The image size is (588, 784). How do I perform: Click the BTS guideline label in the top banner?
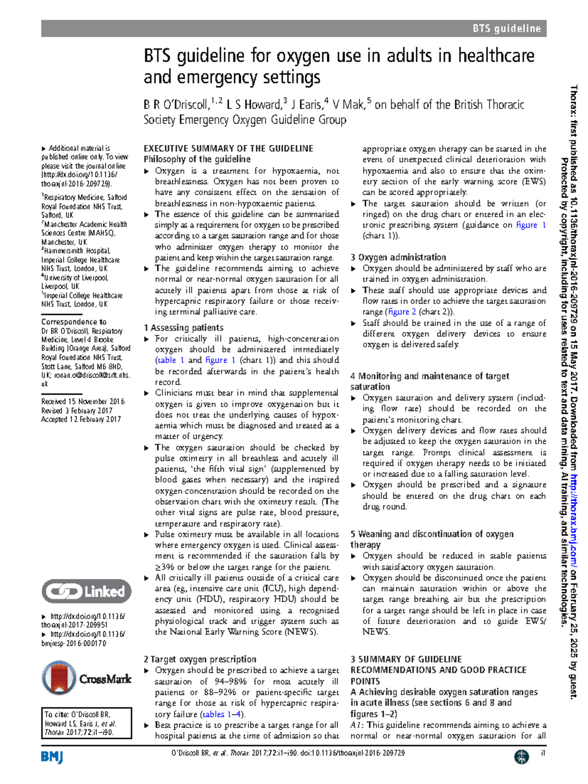pyautogui.click(x=506, y=28)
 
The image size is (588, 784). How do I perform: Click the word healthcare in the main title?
pyautogui.click(x=496, y=56)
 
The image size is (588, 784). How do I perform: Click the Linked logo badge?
pyautogui.click(x=87, y=591)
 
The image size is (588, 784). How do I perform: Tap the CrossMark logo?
pyautogui.click(x=87, y=679)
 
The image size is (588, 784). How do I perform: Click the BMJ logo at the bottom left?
pyautogui.click(x=52, y=757)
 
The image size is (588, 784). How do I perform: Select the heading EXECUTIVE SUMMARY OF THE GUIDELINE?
pyautogui.click(x=228, y=149)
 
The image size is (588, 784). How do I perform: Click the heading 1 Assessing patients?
pyautogui.click(x=184, y=328)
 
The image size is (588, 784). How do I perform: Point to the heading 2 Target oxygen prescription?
pyautogui.click(x=200, y=659)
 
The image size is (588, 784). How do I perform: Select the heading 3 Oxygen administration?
pyautogui.click(x=398, y=257)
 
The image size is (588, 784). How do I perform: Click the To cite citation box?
pyautogui.click(x=87, y=723)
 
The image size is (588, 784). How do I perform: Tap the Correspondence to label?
pyautogui.click(x=74, y=322)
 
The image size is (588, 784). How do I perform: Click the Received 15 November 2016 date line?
pyautogui.click(x=83, y=401)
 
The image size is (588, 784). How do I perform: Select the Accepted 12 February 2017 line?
pyautogui.click(x=81, y=419)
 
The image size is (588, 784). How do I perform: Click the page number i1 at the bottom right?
pyautogui.click(x=542, y=753)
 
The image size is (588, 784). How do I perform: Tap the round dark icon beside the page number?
pyautogui.click(x=521, y=757)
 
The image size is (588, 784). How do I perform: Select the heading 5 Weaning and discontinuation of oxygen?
pyautogui.click(x=432, y=534)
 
